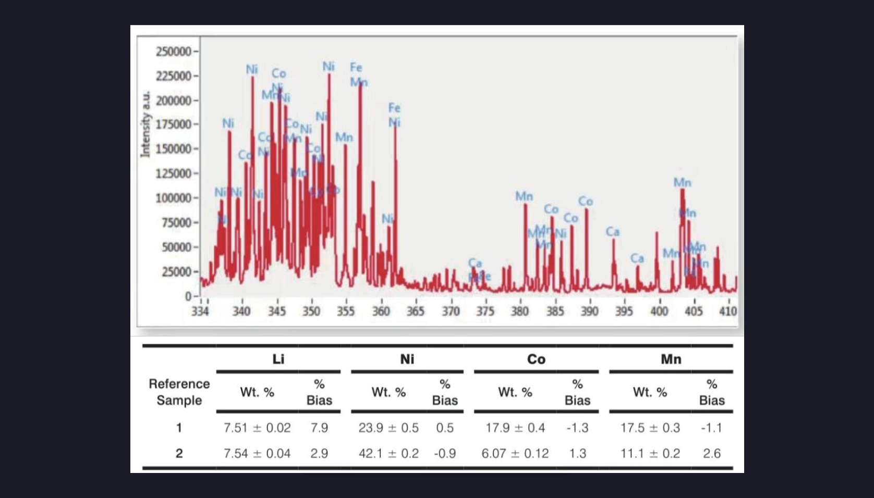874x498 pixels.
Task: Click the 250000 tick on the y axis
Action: [x=174, y=52]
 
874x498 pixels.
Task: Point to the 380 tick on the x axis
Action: [x=520, y=311]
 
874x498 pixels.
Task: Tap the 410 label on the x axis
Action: [x=728, y=311]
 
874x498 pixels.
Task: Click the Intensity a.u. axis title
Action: [x=145, y=124]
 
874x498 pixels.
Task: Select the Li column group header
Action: [x=278, y=359]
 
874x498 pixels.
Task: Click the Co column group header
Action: [x=536, y=359]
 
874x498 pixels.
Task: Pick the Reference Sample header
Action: [x=179, y=392]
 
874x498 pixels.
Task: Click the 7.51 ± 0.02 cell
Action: [x=257, y=428]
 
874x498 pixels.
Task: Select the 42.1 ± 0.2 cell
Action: [x=389, y=453]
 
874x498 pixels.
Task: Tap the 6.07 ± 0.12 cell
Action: [x=515, y=453]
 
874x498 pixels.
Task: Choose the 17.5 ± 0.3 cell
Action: [x=650, y=428]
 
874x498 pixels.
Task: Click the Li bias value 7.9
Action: [x=319, y=428]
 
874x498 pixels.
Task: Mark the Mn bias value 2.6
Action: [x=712, y=453]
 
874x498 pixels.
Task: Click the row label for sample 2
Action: [x=179, y=453]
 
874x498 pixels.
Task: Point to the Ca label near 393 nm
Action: [x=613, y=231]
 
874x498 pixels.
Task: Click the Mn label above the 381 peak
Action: [x=524, y=196]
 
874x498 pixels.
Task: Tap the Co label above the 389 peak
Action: [x=585, y=201]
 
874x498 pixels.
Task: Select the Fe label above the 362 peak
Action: [x=394, y=108]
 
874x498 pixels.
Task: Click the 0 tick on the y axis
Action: [x=188, y=296]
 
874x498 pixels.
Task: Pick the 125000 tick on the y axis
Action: [x=174, y=173]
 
